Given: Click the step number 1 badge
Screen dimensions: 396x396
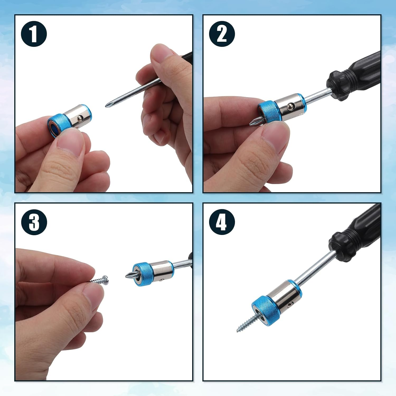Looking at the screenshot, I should pyautogui.click(x=34, y=34).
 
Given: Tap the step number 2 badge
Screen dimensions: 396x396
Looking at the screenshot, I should pyautogui.click(x=222, y=34).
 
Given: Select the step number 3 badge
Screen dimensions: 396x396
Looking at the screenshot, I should pyautogui.click(x=34, y=222).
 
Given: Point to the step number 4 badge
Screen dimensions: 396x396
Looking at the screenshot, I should pyautogui.click(x=222, y=222).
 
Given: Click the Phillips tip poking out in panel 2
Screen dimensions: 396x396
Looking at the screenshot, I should pyautogui.click(x=253, y=122).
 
